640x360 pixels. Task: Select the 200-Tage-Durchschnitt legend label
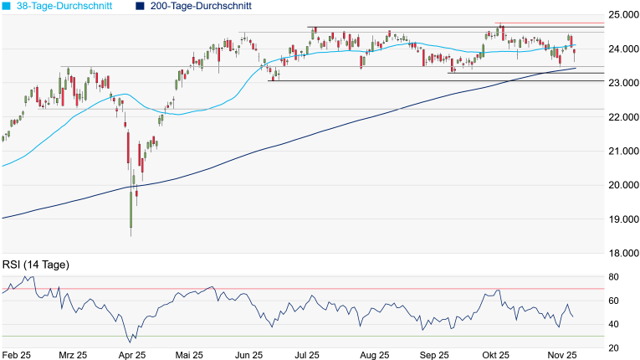195,6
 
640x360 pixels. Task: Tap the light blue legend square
7,6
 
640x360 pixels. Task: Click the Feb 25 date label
17,354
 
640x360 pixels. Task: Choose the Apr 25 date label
133,354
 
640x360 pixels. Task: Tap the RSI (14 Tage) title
36,265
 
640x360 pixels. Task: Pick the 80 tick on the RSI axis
613,276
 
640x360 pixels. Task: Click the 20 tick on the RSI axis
613,347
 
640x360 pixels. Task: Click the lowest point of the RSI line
130,342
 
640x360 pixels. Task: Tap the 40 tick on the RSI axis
613,324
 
